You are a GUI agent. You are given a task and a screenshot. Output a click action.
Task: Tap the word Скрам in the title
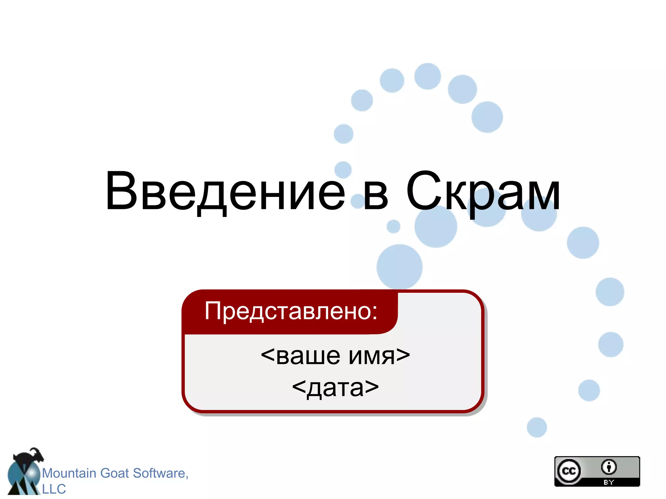[483, 192]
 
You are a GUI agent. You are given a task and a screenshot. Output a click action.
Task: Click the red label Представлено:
[290, 311]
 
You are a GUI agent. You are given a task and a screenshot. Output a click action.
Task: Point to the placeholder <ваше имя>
[335, 355]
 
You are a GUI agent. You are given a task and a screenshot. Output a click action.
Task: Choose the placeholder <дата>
[335, 387]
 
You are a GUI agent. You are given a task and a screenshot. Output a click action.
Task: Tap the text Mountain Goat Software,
[115, 473]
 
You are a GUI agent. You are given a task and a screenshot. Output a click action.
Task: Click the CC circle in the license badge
[569, 471]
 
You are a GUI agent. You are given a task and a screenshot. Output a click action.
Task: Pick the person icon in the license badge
[608, 467]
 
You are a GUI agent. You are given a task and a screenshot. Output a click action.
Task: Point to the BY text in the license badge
[608, 482]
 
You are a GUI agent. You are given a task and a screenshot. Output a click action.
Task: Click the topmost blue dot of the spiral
[428, 76]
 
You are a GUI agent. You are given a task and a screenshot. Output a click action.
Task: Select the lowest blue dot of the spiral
[537, 427]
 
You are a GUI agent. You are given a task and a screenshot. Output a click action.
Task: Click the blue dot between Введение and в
[358, 201]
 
